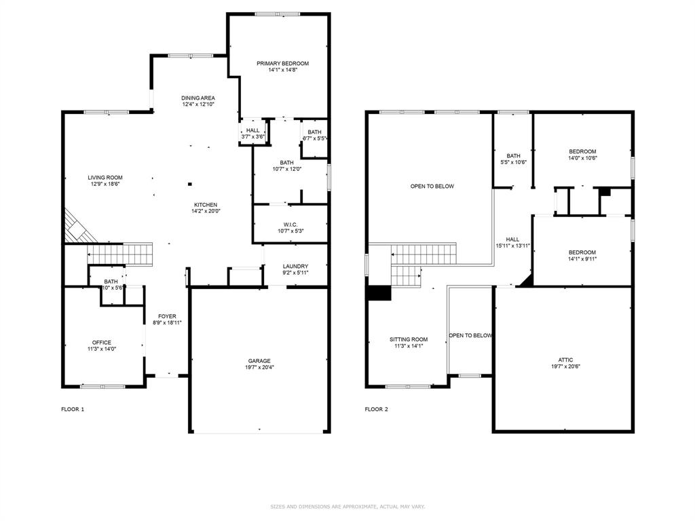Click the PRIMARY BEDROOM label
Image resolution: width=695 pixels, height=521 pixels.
point(282,64)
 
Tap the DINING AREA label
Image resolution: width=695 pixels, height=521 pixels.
point(198,98)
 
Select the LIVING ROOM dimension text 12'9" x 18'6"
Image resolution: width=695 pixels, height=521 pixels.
point(105,184)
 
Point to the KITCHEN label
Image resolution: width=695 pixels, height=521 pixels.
point(206,205)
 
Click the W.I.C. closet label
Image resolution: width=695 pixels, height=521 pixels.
point(290,225)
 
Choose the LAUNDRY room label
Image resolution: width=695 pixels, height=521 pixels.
point(295,267)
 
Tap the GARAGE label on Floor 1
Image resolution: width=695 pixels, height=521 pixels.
point(259,361)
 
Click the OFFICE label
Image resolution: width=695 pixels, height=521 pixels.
point(102,343)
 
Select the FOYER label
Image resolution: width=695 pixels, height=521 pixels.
point(167,317)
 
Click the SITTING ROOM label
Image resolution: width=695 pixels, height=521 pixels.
point(409,339)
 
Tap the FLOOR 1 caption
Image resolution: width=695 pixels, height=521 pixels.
point(73,409)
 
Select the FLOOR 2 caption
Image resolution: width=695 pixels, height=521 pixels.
point(377,409)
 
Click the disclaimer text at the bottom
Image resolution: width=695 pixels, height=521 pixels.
point(347,506)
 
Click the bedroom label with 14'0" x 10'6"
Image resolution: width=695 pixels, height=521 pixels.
point(582,151)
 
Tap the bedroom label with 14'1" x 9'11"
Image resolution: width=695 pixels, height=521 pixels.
point(582,252)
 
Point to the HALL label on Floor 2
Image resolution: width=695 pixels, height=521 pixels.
point(512,239)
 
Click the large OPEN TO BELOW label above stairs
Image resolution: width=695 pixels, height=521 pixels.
point(432,187)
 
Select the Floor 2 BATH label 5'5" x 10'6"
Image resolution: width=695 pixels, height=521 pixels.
point(512,155)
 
